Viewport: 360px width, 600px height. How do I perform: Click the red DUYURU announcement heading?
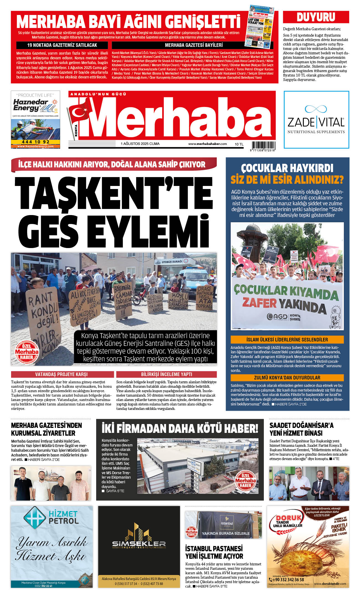(316, 17)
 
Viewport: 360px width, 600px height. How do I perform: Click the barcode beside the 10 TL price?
(263, 145)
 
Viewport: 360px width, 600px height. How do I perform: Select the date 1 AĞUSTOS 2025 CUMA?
(140, 144)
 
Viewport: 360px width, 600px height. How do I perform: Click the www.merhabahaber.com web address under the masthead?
(207, 144)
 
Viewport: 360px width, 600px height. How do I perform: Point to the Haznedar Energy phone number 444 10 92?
(35, 142)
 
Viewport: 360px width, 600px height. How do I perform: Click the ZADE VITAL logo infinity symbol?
(316, 109)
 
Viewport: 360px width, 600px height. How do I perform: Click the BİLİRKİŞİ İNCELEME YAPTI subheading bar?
(166, 374)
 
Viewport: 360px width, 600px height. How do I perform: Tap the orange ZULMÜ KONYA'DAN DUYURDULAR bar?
(287, 378)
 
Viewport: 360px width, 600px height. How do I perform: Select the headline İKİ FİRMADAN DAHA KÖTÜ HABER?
(180, 428)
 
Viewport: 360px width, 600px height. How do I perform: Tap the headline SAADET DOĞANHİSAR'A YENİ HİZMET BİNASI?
(301, 429)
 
